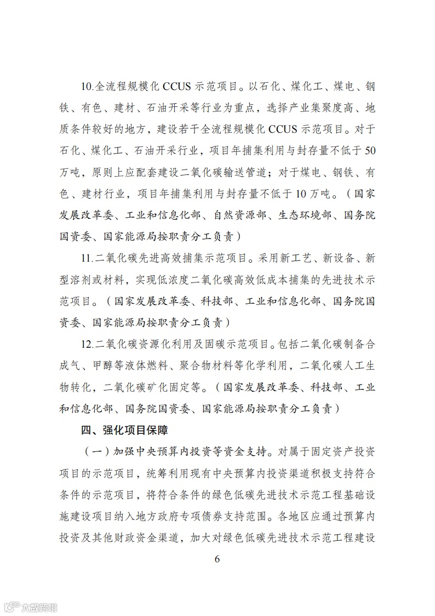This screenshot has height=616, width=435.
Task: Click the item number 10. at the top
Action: point(88,87)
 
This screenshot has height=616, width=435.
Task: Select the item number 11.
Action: point(88,257)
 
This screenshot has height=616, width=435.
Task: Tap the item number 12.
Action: point(88,343)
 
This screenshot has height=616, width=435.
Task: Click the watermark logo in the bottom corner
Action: point(31,606)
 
